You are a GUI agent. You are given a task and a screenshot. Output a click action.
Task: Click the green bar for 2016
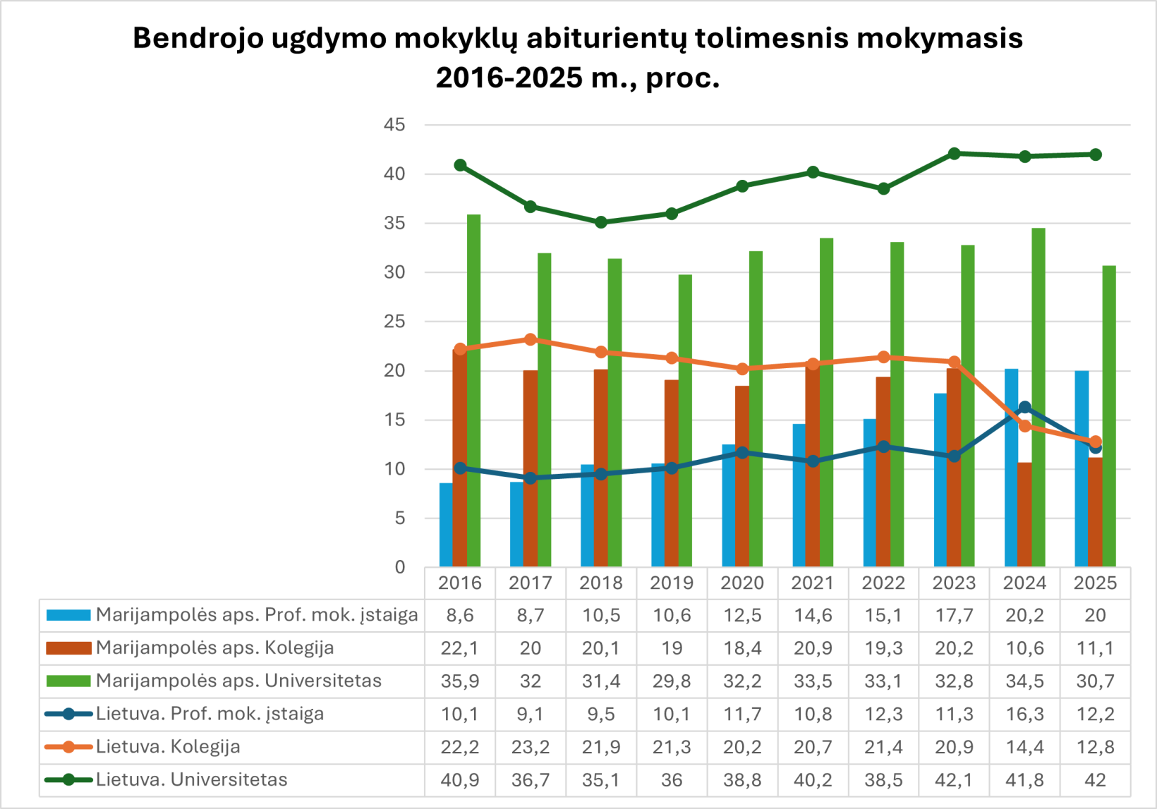click(473, 391)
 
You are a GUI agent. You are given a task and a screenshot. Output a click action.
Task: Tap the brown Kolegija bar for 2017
click(531, 469)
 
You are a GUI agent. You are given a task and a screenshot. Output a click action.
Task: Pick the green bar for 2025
click(1109, 416)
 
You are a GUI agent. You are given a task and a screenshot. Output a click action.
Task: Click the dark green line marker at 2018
click(601, 222)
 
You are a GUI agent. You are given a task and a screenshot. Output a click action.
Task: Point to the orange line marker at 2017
click(531, 339)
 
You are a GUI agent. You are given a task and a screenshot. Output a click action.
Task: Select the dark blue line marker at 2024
click(1025, 407)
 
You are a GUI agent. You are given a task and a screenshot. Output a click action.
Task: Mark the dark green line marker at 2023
click(955, 153)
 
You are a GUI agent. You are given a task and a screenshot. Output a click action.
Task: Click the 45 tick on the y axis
click(394, 125)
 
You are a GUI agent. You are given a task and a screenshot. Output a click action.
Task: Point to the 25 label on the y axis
click(394, 322)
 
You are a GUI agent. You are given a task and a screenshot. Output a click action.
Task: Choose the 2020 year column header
click(742, 583)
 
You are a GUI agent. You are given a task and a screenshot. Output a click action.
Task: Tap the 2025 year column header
click(1095, 583)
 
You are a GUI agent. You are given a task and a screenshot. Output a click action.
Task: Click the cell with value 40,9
click(460, 779)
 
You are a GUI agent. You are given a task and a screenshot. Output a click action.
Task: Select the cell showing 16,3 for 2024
click(1025, 714)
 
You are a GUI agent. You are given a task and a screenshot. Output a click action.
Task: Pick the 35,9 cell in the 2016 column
click(460, 681)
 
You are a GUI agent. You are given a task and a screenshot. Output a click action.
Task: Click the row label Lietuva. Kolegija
click(168, 746)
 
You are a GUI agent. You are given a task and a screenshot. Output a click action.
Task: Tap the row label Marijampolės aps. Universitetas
click(238, 681)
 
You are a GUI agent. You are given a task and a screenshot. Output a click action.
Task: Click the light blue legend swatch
click(68, 615)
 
